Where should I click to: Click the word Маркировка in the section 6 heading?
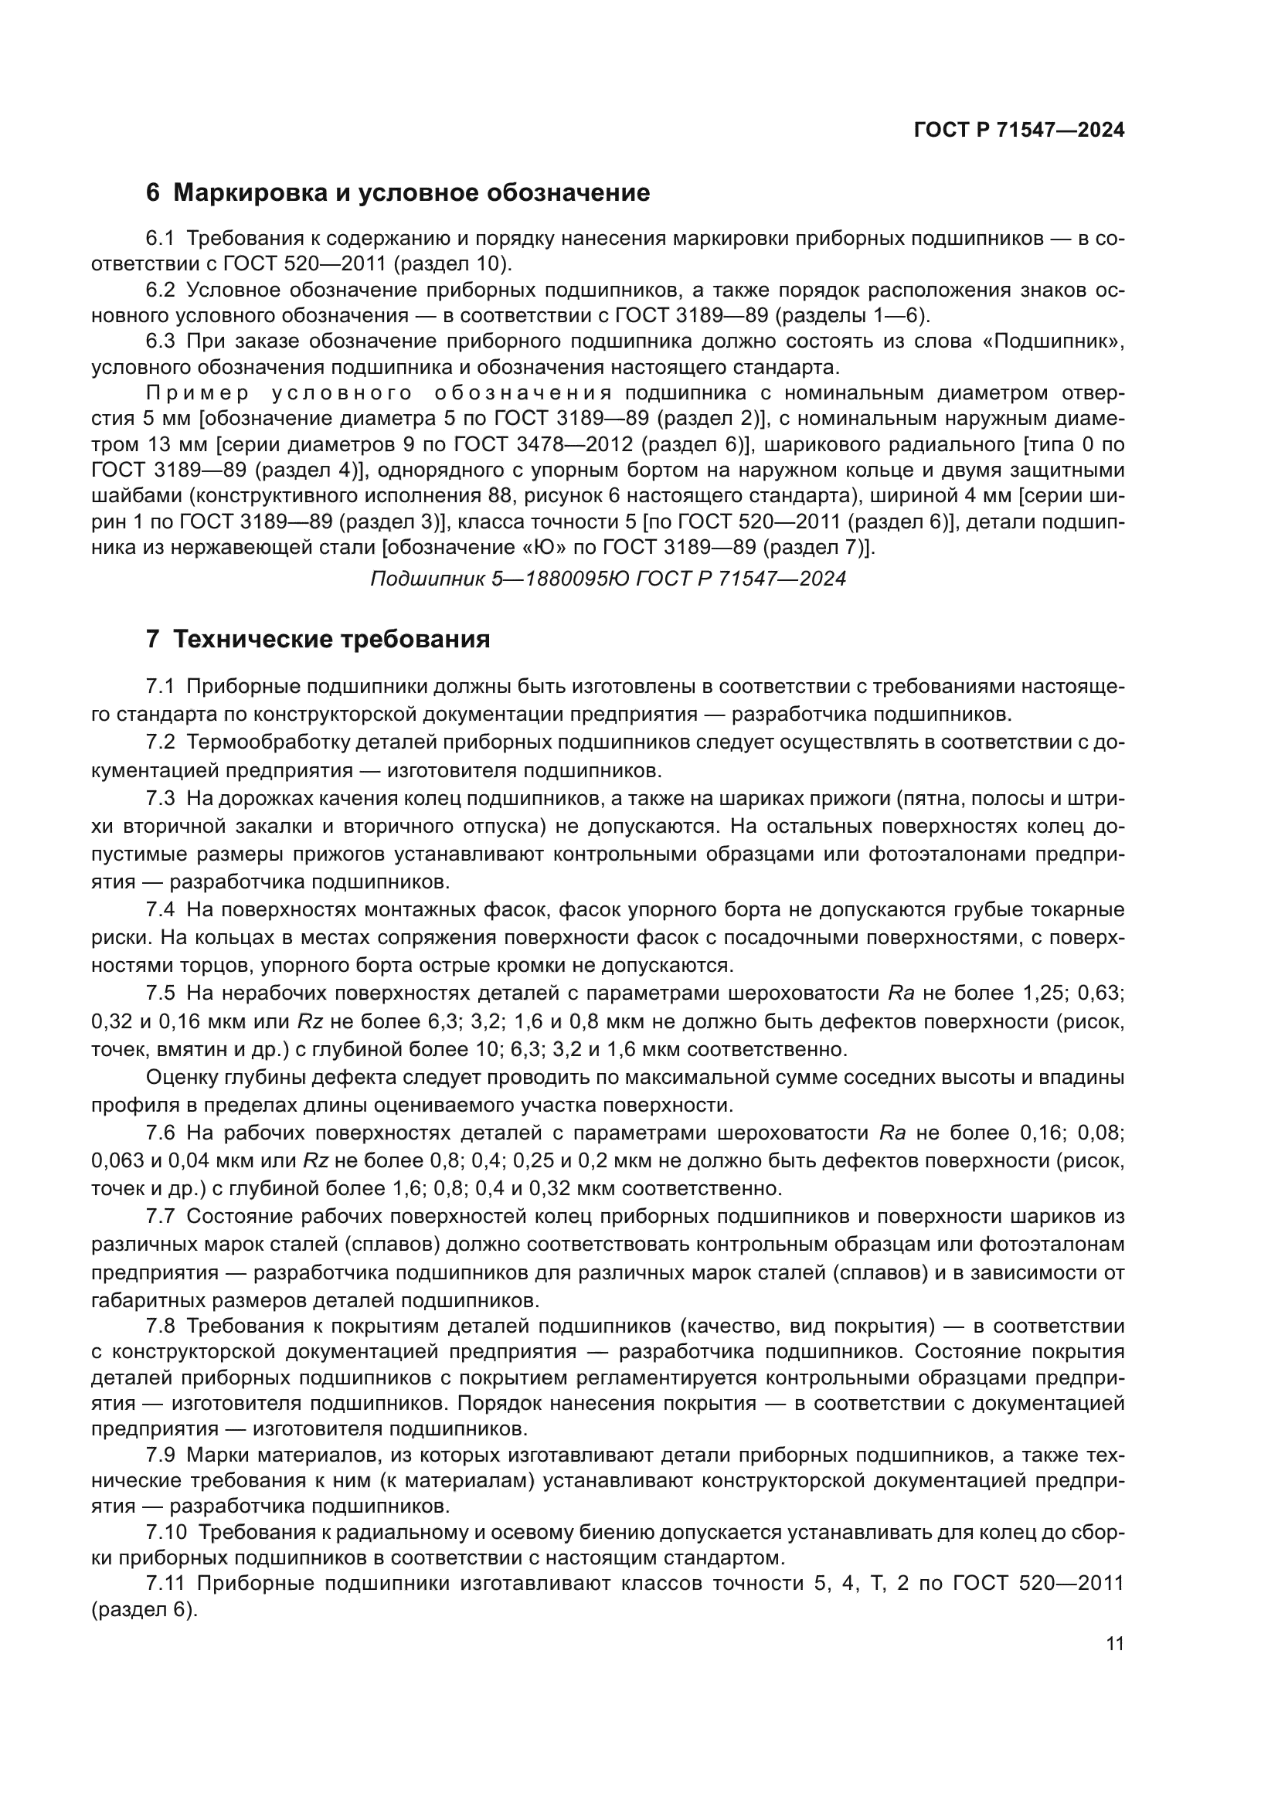(x=250, y=193)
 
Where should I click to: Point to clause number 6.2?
(x=161, y=290)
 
